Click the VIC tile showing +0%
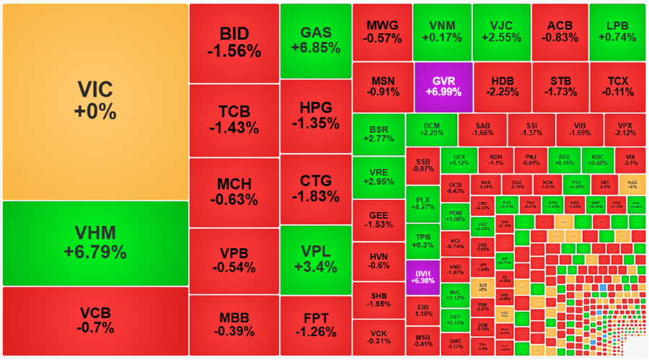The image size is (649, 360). pos(94,100)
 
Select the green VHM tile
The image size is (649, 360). pos(94,242)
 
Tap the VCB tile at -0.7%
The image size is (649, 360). pos(94,320)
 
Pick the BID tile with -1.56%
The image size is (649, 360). pos(234,43)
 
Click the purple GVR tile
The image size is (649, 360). pos(443,86)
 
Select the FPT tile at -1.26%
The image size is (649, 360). pos(315,325)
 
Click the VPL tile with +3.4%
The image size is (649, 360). pos(315,259)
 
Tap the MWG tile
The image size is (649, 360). pos(382,31)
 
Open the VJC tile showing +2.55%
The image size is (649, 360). pos(502,31)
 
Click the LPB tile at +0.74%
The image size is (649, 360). pos(617,31)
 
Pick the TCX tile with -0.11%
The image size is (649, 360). pos(617,86)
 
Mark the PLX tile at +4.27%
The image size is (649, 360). pos(422,203)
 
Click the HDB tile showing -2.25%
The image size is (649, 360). pos(502,86)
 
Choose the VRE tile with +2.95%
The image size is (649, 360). pos(378,177)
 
